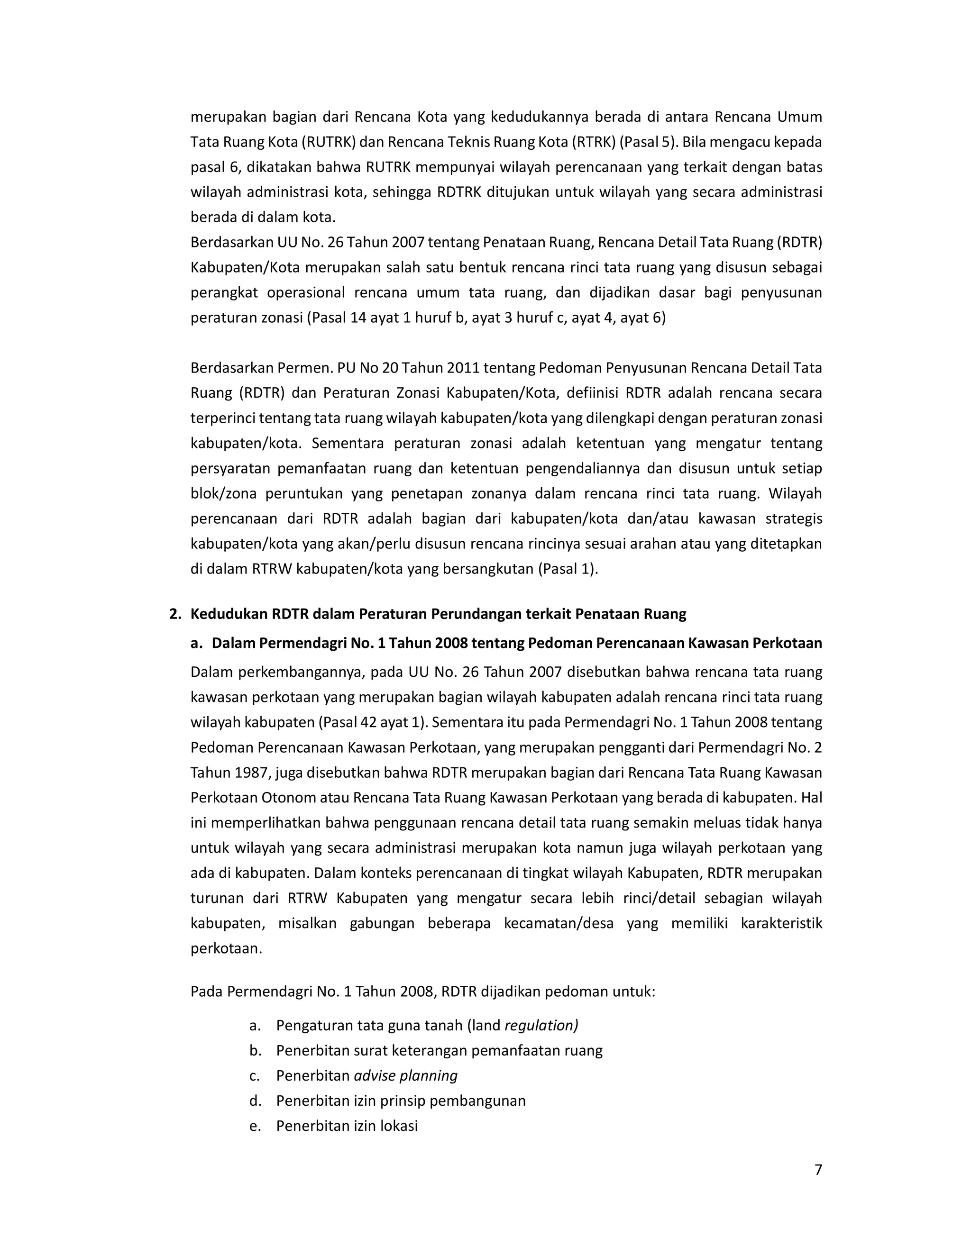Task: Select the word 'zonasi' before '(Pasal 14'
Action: (281, 318)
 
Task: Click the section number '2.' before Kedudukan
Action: (175, 614)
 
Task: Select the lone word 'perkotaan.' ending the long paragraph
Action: (226, 948)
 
